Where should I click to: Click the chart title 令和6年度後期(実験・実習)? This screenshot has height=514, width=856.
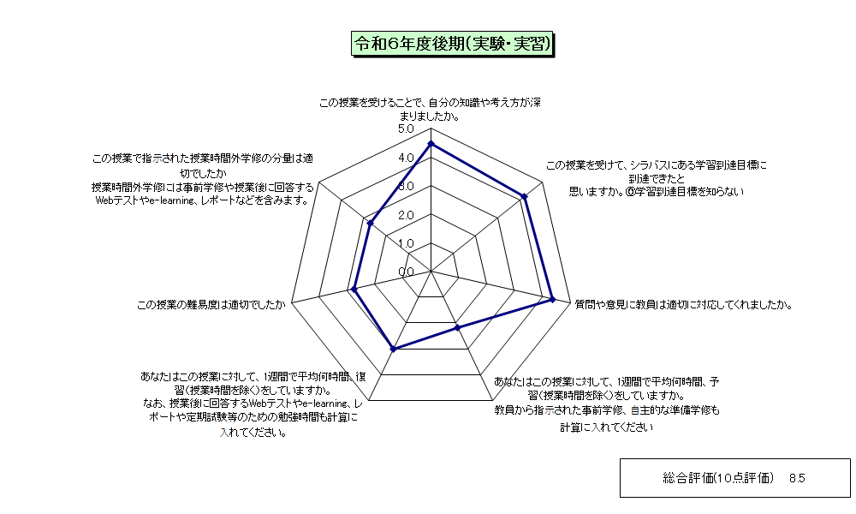452,44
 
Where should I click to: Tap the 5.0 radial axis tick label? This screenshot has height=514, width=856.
406,129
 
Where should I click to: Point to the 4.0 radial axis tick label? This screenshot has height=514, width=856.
406,158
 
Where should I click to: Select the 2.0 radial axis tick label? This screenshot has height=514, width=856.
406,215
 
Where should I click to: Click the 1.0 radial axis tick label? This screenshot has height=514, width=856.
406,243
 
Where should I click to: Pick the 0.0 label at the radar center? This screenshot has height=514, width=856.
406,272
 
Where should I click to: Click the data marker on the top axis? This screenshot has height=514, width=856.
431,144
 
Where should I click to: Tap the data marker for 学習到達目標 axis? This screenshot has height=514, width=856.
525,196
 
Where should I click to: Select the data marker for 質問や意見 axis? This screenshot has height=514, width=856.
552,299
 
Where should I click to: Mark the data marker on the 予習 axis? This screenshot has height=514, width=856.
457,328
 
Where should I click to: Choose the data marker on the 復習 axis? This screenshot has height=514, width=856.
393,349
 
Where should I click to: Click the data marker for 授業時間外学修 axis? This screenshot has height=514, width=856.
370,223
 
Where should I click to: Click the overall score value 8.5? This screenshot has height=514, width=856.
797,479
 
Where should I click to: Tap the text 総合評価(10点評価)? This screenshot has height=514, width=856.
718,479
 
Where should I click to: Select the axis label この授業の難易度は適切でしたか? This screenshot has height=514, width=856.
211,305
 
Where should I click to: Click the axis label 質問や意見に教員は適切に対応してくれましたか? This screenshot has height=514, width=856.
683,305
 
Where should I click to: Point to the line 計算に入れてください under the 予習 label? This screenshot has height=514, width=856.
607,427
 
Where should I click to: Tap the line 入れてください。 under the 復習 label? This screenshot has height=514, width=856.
254,433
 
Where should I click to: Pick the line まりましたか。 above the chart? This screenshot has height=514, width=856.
431,117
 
